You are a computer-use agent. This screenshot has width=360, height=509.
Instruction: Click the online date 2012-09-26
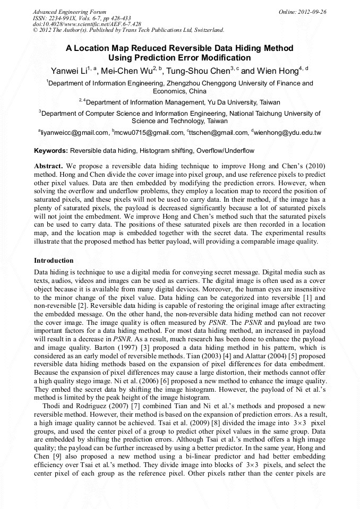coord(312,12)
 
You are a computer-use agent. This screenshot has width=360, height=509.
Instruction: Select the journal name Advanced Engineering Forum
coord(70,12)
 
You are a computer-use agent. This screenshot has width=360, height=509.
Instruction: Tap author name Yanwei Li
coord(69,71)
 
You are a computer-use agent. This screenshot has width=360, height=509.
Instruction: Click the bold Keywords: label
coord(51,151)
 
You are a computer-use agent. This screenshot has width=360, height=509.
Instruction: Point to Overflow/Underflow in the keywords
coord(227,151)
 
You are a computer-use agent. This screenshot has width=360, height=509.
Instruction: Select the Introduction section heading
coord(54,261)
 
